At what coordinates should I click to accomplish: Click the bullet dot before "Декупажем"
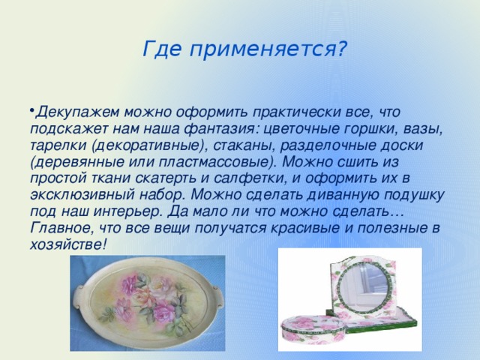point(34,110)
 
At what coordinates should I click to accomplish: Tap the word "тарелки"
point(59,145)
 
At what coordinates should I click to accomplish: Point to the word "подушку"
point(408,194)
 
